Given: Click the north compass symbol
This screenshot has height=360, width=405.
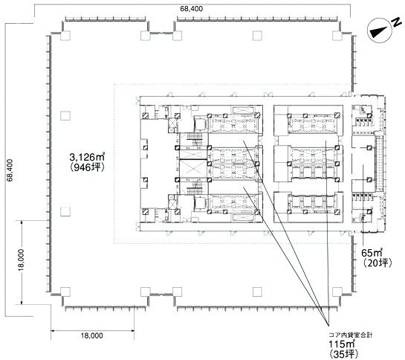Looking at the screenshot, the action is click(380, 30).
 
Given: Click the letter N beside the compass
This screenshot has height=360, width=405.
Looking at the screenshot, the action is click(395, 22).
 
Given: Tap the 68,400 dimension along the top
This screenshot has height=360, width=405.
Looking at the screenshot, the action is click(192, 9).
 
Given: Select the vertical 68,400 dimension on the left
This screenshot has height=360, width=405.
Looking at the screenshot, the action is click(10, 170).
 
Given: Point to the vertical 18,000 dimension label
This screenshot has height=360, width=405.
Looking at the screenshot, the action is click(22, 260).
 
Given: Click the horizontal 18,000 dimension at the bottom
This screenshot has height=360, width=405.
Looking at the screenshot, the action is click(92, 335).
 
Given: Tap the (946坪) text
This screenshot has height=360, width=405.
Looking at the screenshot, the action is click(87, 168).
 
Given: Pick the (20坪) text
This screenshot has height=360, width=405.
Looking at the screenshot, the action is click(378, 263).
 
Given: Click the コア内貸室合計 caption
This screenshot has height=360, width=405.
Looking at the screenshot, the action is click(351, 335).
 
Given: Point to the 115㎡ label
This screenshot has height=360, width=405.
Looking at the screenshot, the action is click(341, 344).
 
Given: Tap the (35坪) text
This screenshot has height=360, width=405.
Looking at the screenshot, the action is click(344, 354).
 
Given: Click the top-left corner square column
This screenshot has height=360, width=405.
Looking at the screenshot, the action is click(65, 36).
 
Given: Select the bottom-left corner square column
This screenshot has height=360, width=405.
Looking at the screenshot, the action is click(65, 292).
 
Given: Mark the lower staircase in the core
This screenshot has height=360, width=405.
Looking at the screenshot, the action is click(194, 188).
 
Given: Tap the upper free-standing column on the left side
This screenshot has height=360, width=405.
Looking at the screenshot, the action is click(65, 116).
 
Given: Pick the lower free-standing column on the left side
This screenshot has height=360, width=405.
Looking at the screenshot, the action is click(65, 212).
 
